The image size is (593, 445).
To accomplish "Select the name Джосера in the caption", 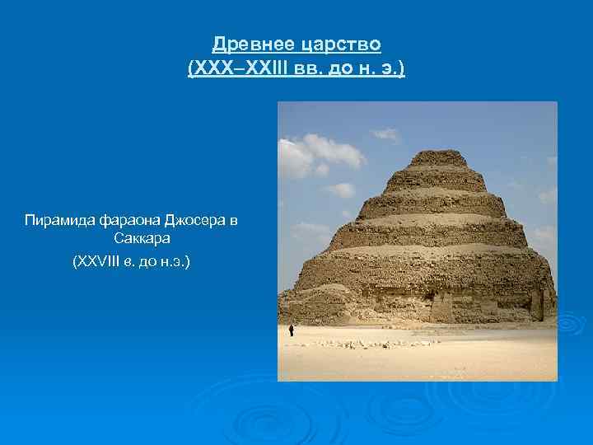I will click(x=195, y=220).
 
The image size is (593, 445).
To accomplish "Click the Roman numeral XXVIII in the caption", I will click(x=98, y=262).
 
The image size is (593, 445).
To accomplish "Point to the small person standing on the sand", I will click(x=291, y=330).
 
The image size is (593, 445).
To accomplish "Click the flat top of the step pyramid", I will click(x=437, y=153).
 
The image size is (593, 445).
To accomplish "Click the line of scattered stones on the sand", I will click(x=371, y=343).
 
